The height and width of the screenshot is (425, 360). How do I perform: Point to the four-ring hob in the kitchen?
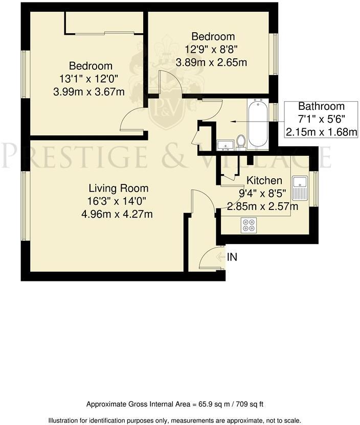(249, 225)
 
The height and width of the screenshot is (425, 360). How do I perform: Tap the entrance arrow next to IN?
(220, 257)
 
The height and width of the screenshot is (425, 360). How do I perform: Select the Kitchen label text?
(264, 180)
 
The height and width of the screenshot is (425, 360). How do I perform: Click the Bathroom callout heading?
(321, 107)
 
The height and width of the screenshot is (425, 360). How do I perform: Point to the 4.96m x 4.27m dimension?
(117, 214)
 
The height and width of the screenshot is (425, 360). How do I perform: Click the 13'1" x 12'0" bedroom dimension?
(91, 79)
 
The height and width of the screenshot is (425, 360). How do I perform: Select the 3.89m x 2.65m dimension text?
(211, 63)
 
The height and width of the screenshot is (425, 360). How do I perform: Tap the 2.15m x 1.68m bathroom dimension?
(321, 132)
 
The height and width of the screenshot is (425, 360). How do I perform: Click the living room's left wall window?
(24, 204)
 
